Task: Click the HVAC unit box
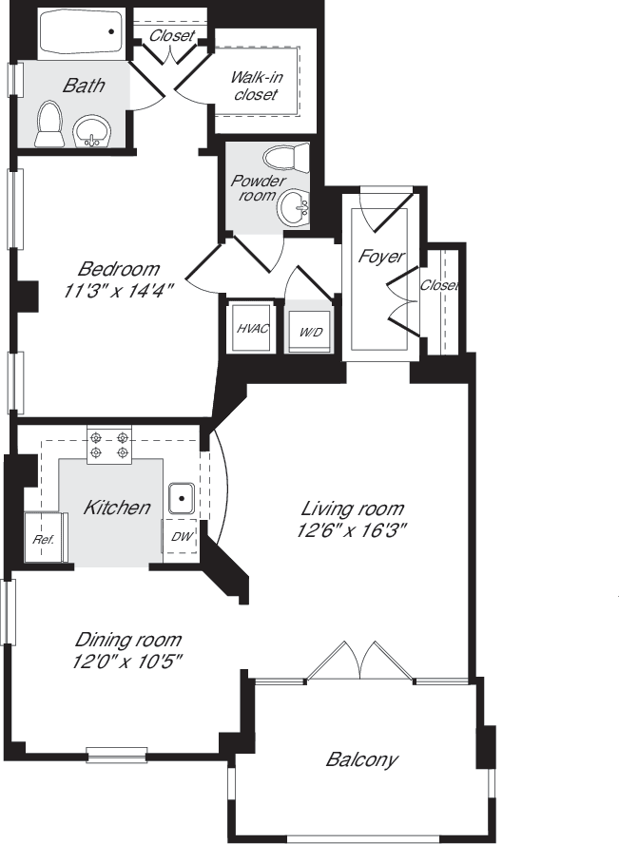pyautogui.click(x=251, y=328)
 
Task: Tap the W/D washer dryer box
pyautogui.click(x=310, y=332)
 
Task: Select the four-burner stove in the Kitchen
pyautogui.click(x=109, y=444)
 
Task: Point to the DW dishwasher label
pyautogui.click(x=181, y=537)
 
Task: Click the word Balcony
pyautogui.click(x=361, y=759)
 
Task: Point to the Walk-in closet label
pyautogui.click(x=255, y=86)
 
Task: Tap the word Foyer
pyautogui.click(x=380, y=257)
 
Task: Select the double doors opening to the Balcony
pyautogui.click(x=359, y=662)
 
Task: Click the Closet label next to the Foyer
pyautogui.click(x=439, y=285)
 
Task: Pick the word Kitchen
pyautogui.click(x=116, y=508)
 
